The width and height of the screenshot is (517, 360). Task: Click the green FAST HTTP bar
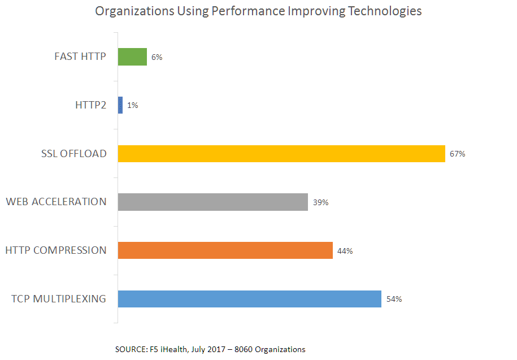pos(132,57)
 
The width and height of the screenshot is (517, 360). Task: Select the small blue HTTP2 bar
pos(120,105)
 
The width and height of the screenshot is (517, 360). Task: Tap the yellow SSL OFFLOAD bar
pos(281,154)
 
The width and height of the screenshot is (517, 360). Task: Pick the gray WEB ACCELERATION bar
pos(213,202)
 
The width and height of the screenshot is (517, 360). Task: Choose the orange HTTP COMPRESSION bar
pos(225,250)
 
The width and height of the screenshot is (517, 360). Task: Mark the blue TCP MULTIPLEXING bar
pos(250,299)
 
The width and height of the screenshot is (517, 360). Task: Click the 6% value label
pos(157,57)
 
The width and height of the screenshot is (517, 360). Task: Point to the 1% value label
pos(132,105)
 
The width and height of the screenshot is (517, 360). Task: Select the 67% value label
pos(457,154)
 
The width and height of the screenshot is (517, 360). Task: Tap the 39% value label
pos(320,202)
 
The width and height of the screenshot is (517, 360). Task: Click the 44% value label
pos(345,251)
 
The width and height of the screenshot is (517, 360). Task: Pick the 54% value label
pos(394,299)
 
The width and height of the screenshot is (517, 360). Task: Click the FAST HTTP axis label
pos(80,57)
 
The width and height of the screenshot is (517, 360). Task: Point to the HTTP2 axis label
pos(90,105)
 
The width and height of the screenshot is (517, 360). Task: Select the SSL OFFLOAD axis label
pos(73,154)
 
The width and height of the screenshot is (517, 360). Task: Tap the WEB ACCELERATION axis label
pos(56,202)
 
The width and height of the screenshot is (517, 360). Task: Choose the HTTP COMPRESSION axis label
pos(55,250)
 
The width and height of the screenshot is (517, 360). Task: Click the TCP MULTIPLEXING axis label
pos(59,299)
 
